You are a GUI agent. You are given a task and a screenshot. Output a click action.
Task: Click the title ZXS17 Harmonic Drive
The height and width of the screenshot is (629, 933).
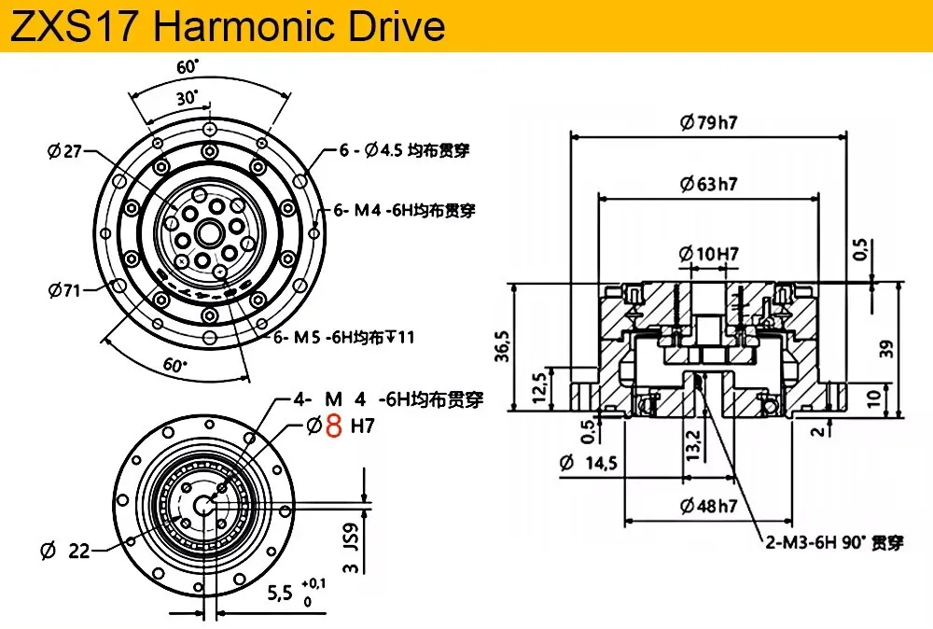coord(229,26)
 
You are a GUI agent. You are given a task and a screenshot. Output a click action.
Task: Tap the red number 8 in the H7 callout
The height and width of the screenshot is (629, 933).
coord(334,426)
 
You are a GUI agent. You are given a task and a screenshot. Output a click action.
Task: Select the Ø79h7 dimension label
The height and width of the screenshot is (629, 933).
coord(709,122)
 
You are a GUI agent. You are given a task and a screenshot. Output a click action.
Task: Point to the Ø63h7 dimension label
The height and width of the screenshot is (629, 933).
coord(709,184)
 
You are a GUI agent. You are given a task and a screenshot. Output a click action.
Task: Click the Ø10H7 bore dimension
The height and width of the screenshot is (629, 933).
coord(709,254)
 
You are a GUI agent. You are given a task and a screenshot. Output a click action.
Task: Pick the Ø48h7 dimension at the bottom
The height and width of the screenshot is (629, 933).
coord(709,507)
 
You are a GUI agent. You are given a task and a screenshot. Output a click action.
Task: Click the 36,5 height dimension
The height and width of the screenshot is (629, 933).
coord(503,346)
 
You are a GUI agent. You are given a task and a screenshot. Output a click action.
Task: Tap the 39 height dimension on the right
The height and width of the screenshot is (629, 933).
coord(886,349)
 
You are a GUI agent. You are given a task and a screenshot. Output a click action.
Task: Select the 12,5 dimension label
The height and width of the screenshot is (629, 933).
coord(538,388)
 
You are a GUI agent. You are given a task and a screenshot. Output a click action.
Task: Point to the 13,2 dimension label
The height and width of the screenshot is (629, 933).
coord(693,445)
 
